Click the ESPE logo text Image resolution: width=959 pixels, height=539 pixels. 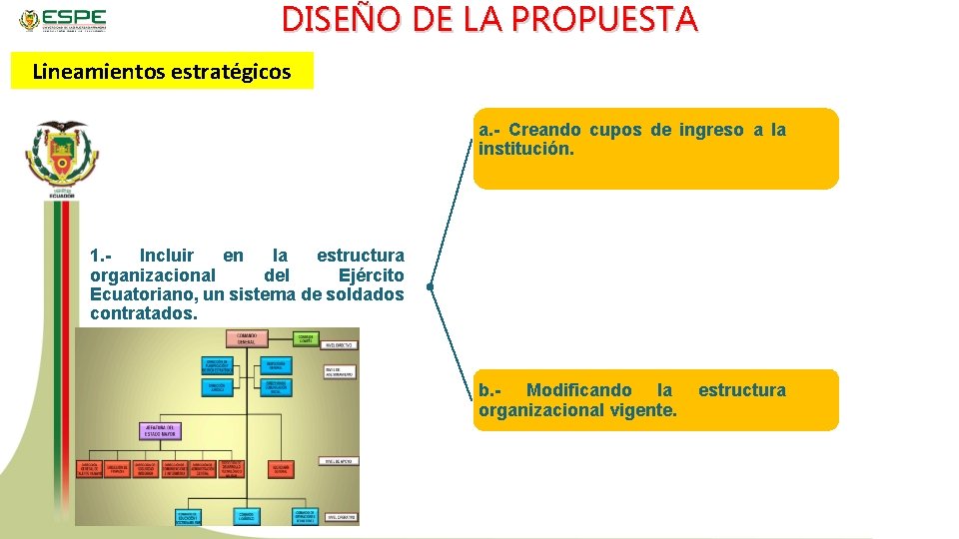pos(75,18)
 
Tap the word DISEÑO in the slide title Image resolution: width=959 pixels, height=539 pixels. pos(331,18)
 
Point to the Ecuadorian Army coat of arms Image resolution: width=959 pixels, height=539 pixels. pos(61,158)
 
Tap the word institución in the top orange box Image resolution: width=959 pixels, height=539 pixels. pos(525,150)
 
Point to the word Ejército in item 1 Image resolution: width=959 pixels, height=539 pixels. pos(371,275)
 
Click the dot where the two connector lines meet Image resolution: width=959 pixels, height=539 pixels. pos(428,287)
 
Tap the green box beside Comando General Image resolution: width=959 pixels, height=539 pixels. pos(306,339)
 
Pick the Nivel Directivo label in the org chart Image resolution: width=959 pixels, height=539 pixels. pos(341,345)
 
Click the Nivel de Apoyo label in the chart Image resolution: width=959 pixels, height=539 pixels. pos(340,461)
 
